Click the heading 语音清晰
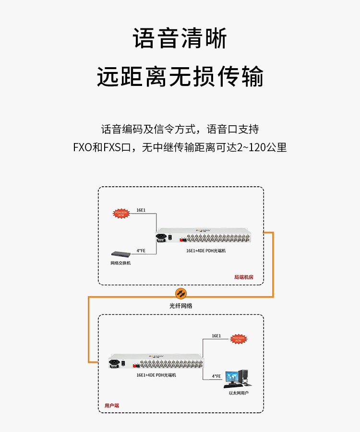coord(180,39)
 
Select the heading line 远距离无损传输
coord(180,76)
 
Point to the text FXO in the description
coord(82,147)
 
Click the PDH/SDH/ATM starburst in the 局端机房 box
coord(120,214)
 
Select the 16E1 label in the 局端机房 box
coord(141,210)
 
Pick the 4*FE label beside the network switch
coord(141,250)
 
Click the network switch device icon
coord(120,255)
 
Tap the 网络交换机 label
coord(120,263)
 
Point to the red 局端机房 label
coord(243,277)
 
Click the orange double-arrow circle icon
coord(180,293)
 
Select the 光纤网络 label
coord(180,305)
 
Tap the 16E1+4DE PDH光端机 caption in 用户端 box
coord(156,374)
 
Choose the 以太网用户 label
coord(239,393)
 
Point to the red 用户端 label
coord(112,405)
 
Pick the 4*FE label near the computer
coord(216,376)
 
